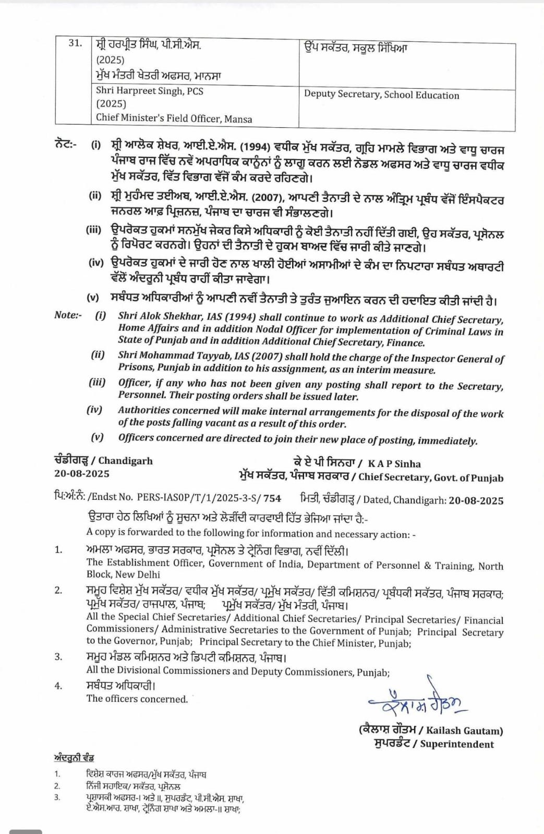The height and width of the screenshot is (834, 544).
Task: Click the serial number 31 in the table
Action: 75,43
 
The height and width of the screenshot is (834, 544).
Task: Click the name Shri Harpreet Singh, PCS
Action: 150,91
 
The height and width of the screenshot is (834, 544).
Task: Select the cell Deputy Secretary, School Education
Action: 381,95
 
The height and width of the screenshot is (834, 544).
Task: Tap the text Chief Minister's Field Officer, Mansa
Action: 174,118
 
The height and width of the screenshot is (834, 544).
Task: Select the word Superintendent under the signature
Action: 457,744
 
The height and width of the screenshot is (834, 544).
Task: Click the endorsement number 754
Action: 272,498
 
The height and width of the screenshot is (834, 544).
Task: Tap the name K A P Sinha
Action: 394,463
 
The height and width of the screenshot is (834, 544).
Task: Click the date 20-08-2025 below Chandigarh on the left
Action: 82,473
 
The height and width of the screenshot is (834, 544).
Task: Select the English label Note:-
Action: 68,315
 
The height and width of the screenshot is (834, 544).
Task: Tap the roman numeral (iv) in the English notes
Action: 95,410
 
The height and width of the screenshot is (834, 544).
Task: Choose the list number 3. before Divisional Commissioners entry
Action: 58,657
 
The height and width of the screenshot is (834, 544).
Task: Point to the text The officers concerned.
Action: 137,699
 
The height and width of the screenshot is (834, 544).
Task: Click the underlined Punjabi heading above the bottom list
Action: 74,757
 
